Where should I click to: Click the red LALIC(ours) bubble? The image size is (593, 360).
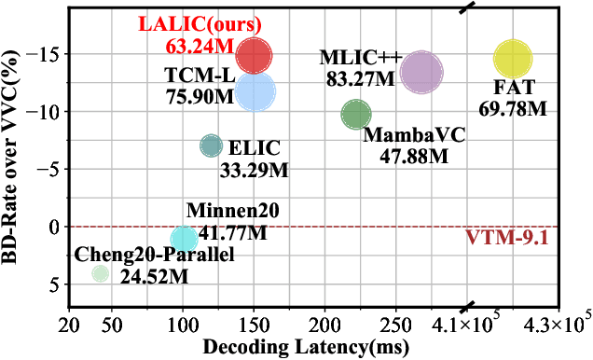pos(254,56)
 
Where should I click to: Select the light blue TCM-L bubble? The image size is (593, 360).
pos(255,91)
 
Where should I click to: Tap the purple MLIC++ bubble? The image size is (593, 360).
pos(421,72)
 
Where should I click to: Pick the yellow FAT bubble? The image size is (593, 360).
pos(512,60)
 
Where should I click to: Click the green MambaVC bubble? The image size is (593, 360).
pos(356,114)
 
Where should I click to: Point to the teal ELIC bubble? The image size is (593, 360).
pos(212,145)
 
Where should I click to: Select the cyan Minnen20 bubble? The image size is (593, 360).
pos(184,237)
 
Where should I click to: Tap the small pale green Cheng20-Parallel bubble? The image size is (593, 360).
pos(100,273)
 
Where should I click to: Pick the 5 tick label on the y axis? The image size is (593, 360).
pos(53,284)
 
